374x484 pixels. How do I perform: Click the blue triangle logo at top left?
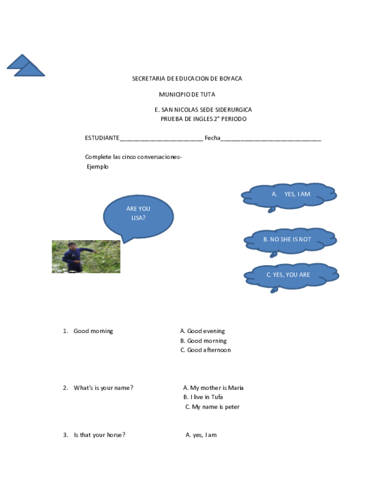pyautogui.click(x=26, y=65)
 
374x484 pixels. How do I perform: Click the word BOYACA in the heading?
pyautogui.click(x=231, y=79)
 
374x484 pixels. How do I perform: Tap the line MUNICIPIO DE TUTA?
pyautogui.click(x=187, y=94)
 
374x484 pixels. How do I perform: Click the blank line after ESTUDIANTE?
pyautogui.click(x=161, y=140)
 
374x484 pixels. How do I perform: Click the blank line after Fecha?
pyautogui.click(x=271, y=140)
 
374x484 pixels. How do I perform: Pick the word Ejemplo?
pyautogui.click(x=97, y=167)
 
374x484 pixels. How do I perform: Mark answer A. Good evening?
pyautogui.click(x=203, y=331)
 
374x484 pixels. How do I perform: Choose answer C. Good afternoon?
pyautogui.click(x=206, y=350)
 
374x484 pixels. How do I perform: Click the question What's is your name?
pyautogui.click(x=103, y=388)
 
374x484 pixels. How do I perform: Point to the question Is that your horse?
pyautogui.click(x=99, y=435)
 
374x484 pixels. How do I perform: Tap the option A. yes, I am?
pyautogui.click(x=201, y=435)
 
